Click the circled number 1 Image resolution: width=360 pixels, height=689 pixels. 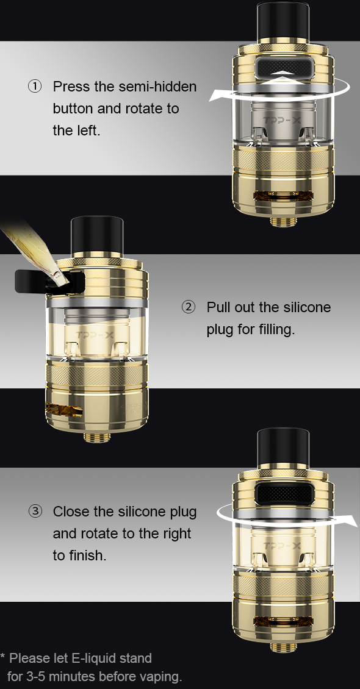point(35,87)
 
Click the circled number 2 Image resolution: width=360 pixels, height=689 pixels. point(188,307)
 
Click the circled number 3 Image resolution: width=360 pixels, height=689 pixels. point(35,512)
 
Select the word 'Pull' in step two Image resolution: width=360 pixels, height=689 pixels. point(218,307)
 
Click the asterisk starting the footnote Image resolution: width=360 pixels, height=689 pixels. point(2,657)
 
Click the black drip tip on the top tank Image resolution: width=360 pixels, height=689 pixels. point(283,22)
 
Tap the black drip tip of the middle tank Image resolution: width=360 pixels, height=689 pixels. point(97,236)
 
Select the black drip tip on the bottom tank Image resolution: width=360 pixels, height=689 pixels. point(283,448)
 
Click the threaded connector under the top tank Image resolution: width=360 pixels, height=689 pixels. point(283,221)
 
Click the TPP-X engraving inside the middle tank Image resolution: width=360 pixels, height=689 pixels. point(95,335)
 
